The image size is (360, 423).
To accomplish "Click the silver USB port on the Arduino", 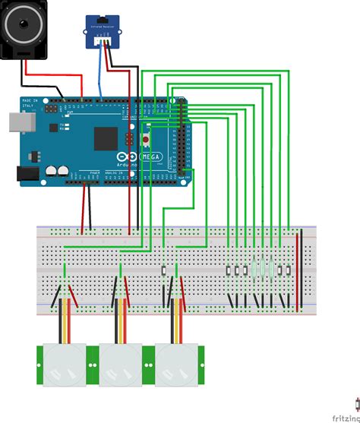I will (x=14, y=122).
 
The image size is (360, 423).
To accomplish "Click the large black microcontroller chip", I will (x=106, y=137).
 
